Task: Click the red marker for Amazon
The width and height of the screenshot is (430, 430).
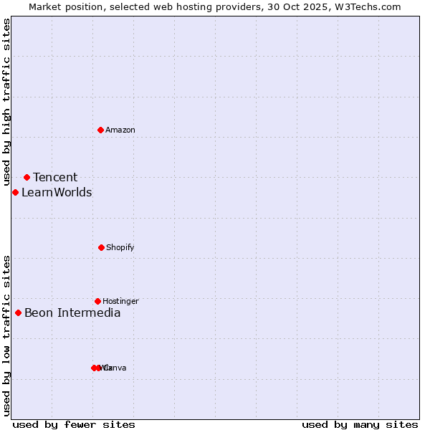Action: tap(100, 130)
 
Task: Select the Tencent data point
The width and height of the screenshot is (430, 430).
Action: tap(27, 177)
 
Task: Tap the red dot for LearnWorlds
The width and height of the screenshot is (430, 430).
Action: tap(15, 192)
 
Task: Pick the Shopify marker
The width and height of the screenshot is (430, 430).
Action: tap(101, 247)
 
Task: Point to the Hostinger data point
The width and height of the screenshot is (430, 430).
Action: tap(97, 301)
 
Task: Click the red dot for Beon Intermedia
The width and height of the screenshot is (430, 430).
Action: tap(18, 312)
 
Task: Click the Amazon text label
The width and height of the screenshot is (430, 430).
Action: tap(120, 130)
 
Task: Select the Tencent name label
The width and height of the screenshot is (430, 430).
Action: tap(55, 177)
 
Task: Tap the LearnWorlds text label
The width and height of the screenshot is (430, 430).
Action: tap(57, 192)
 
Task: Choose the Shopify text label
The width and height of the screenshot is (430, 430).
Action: tap(120, 247)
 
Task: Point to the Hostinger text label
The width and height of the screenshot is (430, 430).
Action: tap(120, 301)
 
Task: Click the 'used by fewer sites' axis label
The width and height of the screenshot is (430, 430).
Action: tap(74, 424)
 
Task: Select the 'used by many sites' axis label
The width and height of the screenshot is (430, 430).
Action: tap(360, 424)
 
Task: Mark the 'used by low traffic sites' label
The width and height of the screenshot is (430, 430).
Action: tap(6, 335)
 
